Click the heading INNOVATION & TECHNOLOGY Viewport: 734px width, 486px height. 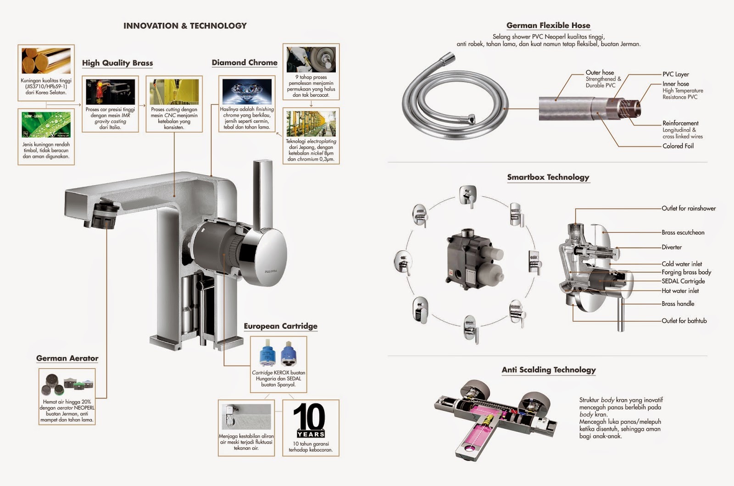[185, 26]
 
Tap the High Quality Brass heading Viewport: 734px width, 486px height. [117, 63]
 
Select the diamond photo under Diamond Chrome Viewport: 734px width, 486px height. [246, 91]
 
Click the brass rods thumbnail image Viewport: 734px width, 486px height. [46, 61]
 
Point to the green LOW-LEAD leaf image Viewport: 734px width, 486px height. [46, 125]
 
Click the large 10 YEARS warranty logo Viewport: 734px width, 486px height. [310, 420]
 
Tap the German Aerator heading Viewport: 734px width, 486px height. [67, 358]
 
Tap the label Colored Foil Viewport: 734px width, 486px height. [678, 146]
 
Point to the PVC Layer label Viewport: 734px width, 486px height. [675, 74]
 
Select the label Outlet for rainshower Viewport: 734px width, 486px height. [688, 208]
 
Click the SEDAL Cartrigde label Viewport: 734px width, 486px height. [683, 281]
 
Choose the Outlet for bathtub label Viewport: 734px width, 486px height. [684, 320]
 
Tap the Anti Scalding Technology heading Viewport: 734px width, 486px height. [549, 370]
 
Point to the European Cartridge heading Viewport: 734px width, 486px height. [280, 326]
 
